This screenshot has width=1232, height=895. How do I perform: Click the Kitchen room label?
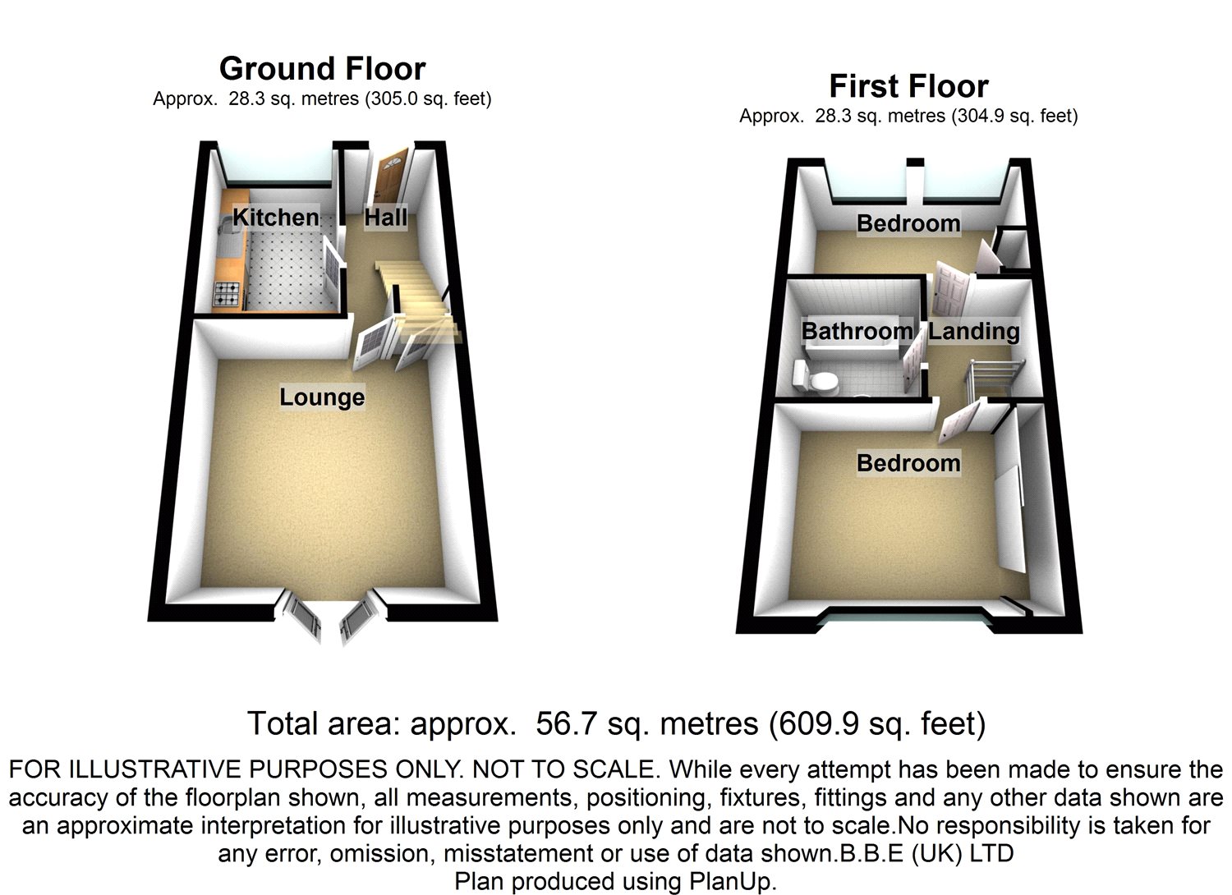click(x=275, y=218)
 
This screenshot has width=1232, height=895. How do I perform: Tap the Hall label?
click(x=386, y=218)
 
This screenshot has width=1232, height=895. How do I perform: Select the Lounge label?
click(x=322, y=397)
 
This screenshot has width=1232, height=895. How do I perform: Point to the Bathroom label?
click(x=857, y=331)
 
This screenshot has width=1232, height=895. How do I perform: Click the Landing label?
click(x=974, y=331)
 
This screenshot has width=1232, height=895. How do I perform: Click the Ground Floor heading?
click(x=322, y=68)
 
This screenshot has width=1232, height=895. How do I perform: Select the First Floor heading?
click(x=908, y=86)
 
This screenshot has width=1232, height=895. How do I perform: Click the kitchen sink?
click(x=228, y=227)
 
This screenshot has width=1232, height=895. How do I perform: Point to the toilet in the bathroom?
click(x=813, y=379)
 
